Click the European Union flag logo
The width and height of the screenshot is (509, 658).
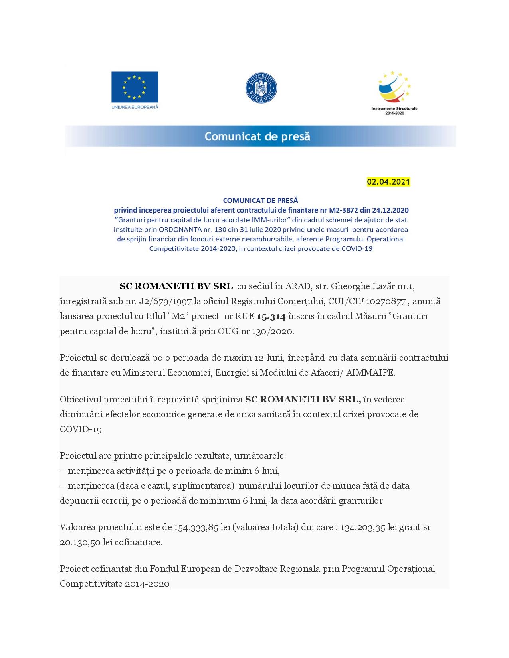135,87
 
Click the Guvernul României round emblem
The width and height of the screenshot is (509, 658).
261,88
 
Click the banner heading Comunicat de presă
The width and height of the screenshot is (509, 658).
257,136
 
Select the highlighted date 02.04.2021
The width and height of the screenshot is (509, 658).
388,182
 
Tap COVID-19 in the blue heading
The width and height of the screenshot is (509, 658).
356,249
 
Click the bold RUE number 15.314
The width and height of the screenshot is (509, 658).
271,317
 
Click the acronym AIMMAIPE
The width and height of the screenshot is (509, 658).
371,373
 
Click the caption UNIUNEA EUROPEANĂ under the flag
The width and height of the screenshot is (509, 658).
135,107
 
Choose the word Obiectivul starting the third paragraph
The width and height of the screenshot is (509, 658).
81,400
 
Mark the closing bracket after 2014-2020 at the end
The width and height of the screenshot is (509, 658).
172,584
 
